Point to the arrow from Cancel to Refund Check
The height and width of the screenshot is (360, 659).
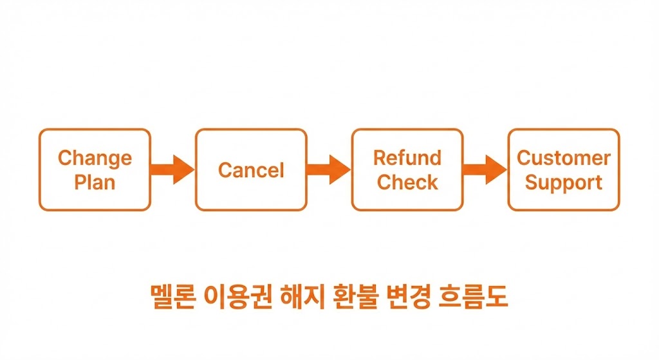329,170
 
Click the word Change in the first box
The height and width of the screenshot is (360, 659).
95,158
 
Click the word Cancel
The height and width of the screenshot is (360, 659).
251,171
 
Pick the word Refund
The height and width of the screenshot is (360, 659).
407,158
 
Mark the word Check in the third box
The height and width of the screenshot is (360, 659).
407,182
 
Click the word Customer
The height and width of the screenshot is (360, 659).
564,158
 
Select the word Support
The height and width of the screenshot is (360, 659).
564,182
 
